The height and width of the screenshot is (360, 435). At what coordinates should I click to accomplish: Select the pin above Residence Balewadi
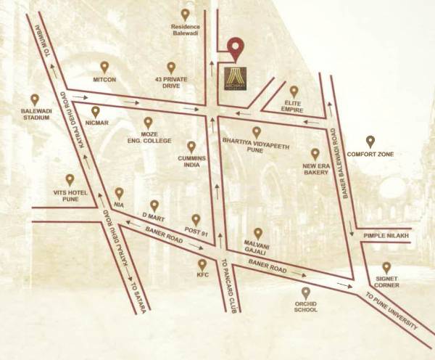click(185, 15)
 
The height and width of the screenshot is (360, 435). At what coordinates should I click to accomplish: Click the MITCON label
click(104, 80)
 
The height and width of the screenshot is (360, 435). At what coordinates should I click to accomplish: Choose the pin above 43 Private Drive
click(170, 66)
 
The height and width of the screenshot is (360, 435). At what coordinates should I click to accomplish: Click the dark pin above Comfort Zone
click(370, 140)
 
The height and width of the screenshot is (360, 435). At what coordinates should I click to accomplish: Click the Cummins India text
click(191, 161)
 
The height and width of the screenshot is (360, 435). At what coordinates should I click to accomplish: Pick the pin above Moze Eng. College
click(148, 122)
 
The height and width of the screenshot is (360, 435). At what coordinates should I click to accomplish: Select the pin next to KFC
click(202, 265)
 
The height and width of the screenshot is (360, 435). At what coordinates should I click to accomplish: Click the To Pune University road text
click(391, 312)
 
